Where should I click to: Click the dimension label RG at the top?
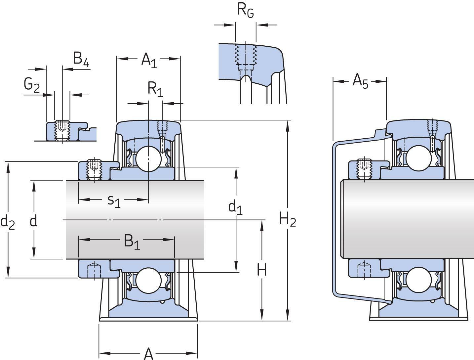coord(246,11)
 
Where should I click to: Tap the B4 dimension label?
coord(81,59)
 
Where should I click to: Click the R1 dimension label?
coord(155,89)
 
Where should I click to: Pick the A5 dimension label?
coord(360,81)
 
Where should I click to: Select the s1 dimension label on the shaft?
coord(114,200)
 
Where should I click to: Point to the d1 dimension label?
coord(235,207)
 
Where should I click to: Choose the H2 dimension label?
coord(287,220)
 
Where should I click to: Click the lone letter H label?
coord(262,271)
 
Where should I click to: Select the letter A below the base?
coord(149,354)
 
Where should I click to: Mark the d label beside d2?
coord(33,221)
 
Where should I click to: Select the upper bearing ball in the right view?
coord(418,158)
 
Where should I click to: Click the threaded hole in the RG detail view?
coord(246,55)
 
